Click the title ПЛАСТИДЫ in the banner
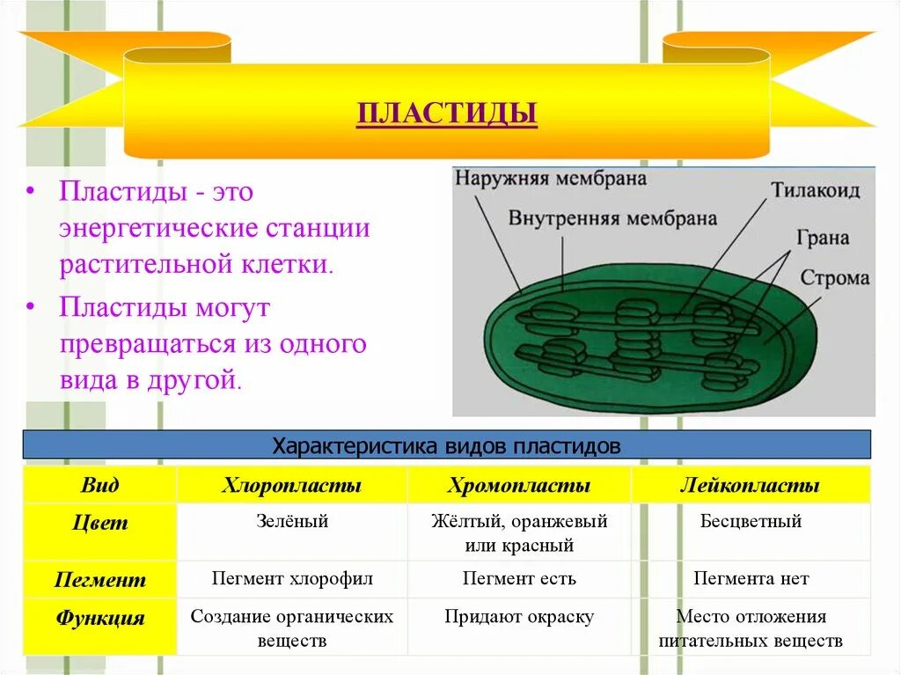[x=446, y=114]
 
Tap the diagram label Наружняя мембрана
[x=551, y=179]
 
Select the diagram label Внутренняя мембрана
[x=612, y=218]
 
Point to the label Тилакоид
[x=816, y=190]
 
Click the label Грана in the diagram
[x=823, y=237]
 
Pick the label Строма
[x=834, y=278]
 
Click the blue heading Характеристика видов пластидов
[x=446, y=445]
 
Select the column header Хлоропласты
[x=291, y=486]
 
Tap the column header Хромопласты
[x=519, y=486]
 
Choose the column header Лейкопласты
[x=751, y=486]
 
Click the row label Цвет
[x=99, y=524]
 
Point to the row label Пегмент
[x=99, y=580]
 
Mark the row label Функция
[x=99, y=618]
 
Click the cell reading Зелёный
[x=291, y=522]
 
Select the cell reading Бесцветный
[x=751, y=522]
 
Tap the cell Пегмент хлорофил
[x=291, y=579]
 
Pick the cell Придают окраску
[x=519, y=617]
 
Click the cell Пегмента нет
[x=751, y=579]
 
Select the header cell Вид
[x=99, y=486]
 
